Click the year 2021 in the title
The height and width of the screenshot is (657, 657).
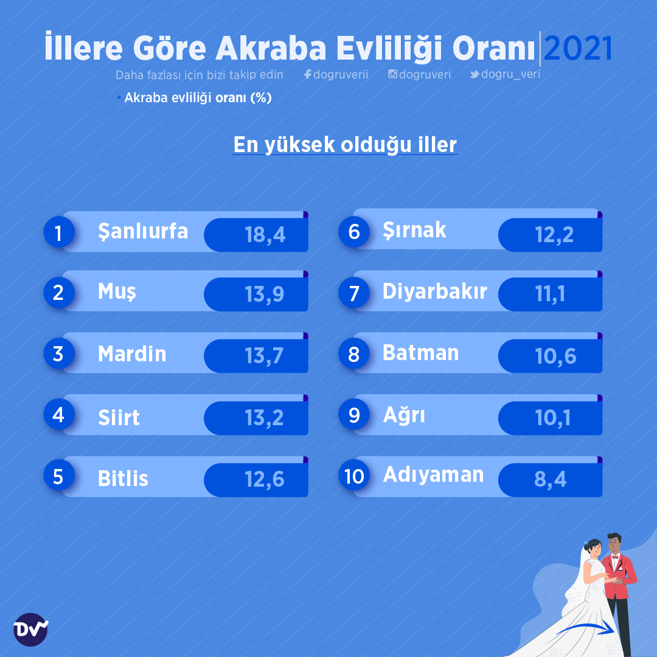pos(578,48)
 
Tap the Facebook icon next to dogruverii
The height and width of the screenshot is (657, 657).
pos(308,74)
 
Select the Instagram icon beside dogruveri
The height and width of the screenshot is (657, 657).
pos(392,74)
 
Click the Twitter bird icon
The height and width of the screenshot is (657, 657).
pos(474,74)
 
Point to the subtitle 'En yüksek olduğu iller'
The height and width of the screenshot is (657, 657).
pos(345,145)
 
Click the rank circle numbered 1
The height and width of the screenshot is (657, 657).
pos(59,232)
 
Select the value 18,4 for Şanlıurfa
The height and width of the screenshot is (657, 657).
pos(265,235)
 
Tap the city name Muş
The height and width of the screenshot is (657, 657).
pos(117,291)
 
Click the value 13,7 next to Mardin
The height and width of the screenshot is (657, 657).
pos(264,356)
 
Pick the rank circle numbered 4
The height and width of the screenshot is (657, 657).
pos(59,414)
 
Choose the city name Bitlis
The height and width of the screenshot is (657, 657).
pos(123,478)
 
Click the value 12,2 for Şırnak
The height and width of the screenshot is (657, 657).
pos(554,235)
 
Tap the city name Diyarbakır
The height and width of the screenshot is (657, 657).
pos(434,291)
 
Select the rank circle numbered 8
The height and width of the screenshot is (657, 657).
pos(354,354)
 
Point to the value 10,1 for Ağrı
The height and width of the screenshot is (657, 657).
pos(552,418)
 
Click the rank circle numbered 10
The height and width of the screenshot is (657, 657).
pos(354,476)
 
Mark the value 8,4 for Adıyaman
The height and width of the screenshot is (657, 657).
pos(550,479)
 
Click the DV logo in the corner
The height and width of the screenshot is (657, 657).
pos(30,630)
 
